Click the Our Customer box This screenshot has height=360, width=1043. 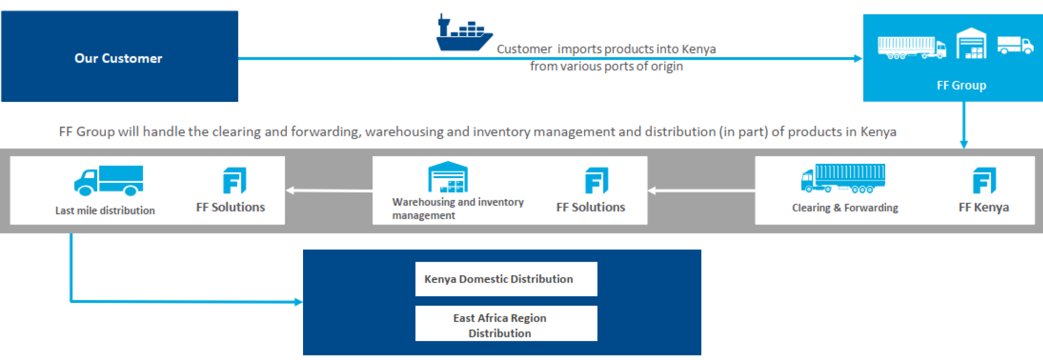click(x=119, y=57)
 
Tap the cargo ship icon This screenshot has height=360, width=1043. click(x=463, y=34)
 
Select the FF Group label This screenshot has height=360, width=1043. click(x=961, y=85)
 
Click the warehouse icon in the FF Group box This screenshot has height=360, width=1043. click(x=971, y=44)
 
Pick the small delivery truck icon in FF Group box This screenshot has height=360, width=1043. click(x=1015, y=45)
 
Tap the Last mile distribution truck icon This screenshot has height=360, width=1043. click(x=109, y=181)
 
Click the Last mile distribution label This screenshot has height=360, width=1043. click(x=105, y=210)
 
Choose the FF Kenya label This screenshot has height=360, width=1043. click(x=983, y=207)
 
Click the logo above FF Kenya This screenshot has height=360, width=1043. click(x=984, y=181)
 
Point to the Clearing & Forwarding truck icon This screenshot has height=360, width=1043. click(x=843, y=179)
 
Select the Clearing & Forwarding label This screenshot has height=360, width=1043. click(x=845, y=208)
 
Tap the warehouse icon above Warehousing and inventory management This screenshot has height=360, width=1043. click(x=448, y=177)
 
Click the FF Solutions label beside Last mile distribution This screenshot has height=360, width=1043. click(x=230, y=207)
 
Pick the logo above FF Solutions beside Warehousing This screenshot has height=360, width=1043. click(x=596, y=181)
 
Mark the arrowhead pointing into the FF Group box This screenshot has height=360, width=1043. click(x=858, y=59)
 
